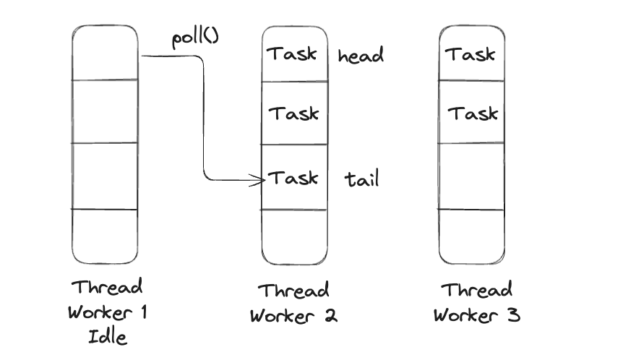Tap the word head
tap(361, 56)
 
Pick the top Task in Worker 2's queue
tap(293, 53)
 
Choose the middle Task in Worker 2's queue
tap(293, 113)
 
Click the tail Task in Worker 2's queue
tap(293, 178)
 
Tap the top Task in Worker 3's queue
tap(470, 53)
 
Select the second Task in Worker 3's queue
tap(473, 113)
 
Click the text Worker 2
tap(293, 315)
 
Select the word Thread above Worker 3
tap(476, 291)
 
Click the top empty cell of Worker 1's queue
tap(105, 52)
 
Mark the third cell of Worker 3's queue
tap(472, 176)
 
